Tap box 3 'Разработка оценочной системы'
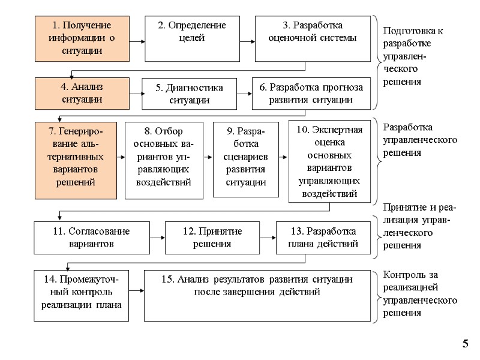pyautogui.click(x=313, y=38)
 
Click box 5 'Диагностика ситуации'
pyautogui.click(x=189, y=94)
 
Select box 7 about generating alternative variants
pyautogui.click(x=75, y=160)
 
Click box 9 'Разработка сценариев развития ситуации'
pyautogui.click(x=247, y=160)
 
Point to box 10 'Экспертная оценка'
pyautogui.click(x=329, y=161)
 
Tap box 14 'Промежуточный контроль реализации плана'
pyautogui.click(x=82, y=295)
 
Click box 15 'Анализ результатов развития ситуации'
pyautogui.click(x=257, y=295)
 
